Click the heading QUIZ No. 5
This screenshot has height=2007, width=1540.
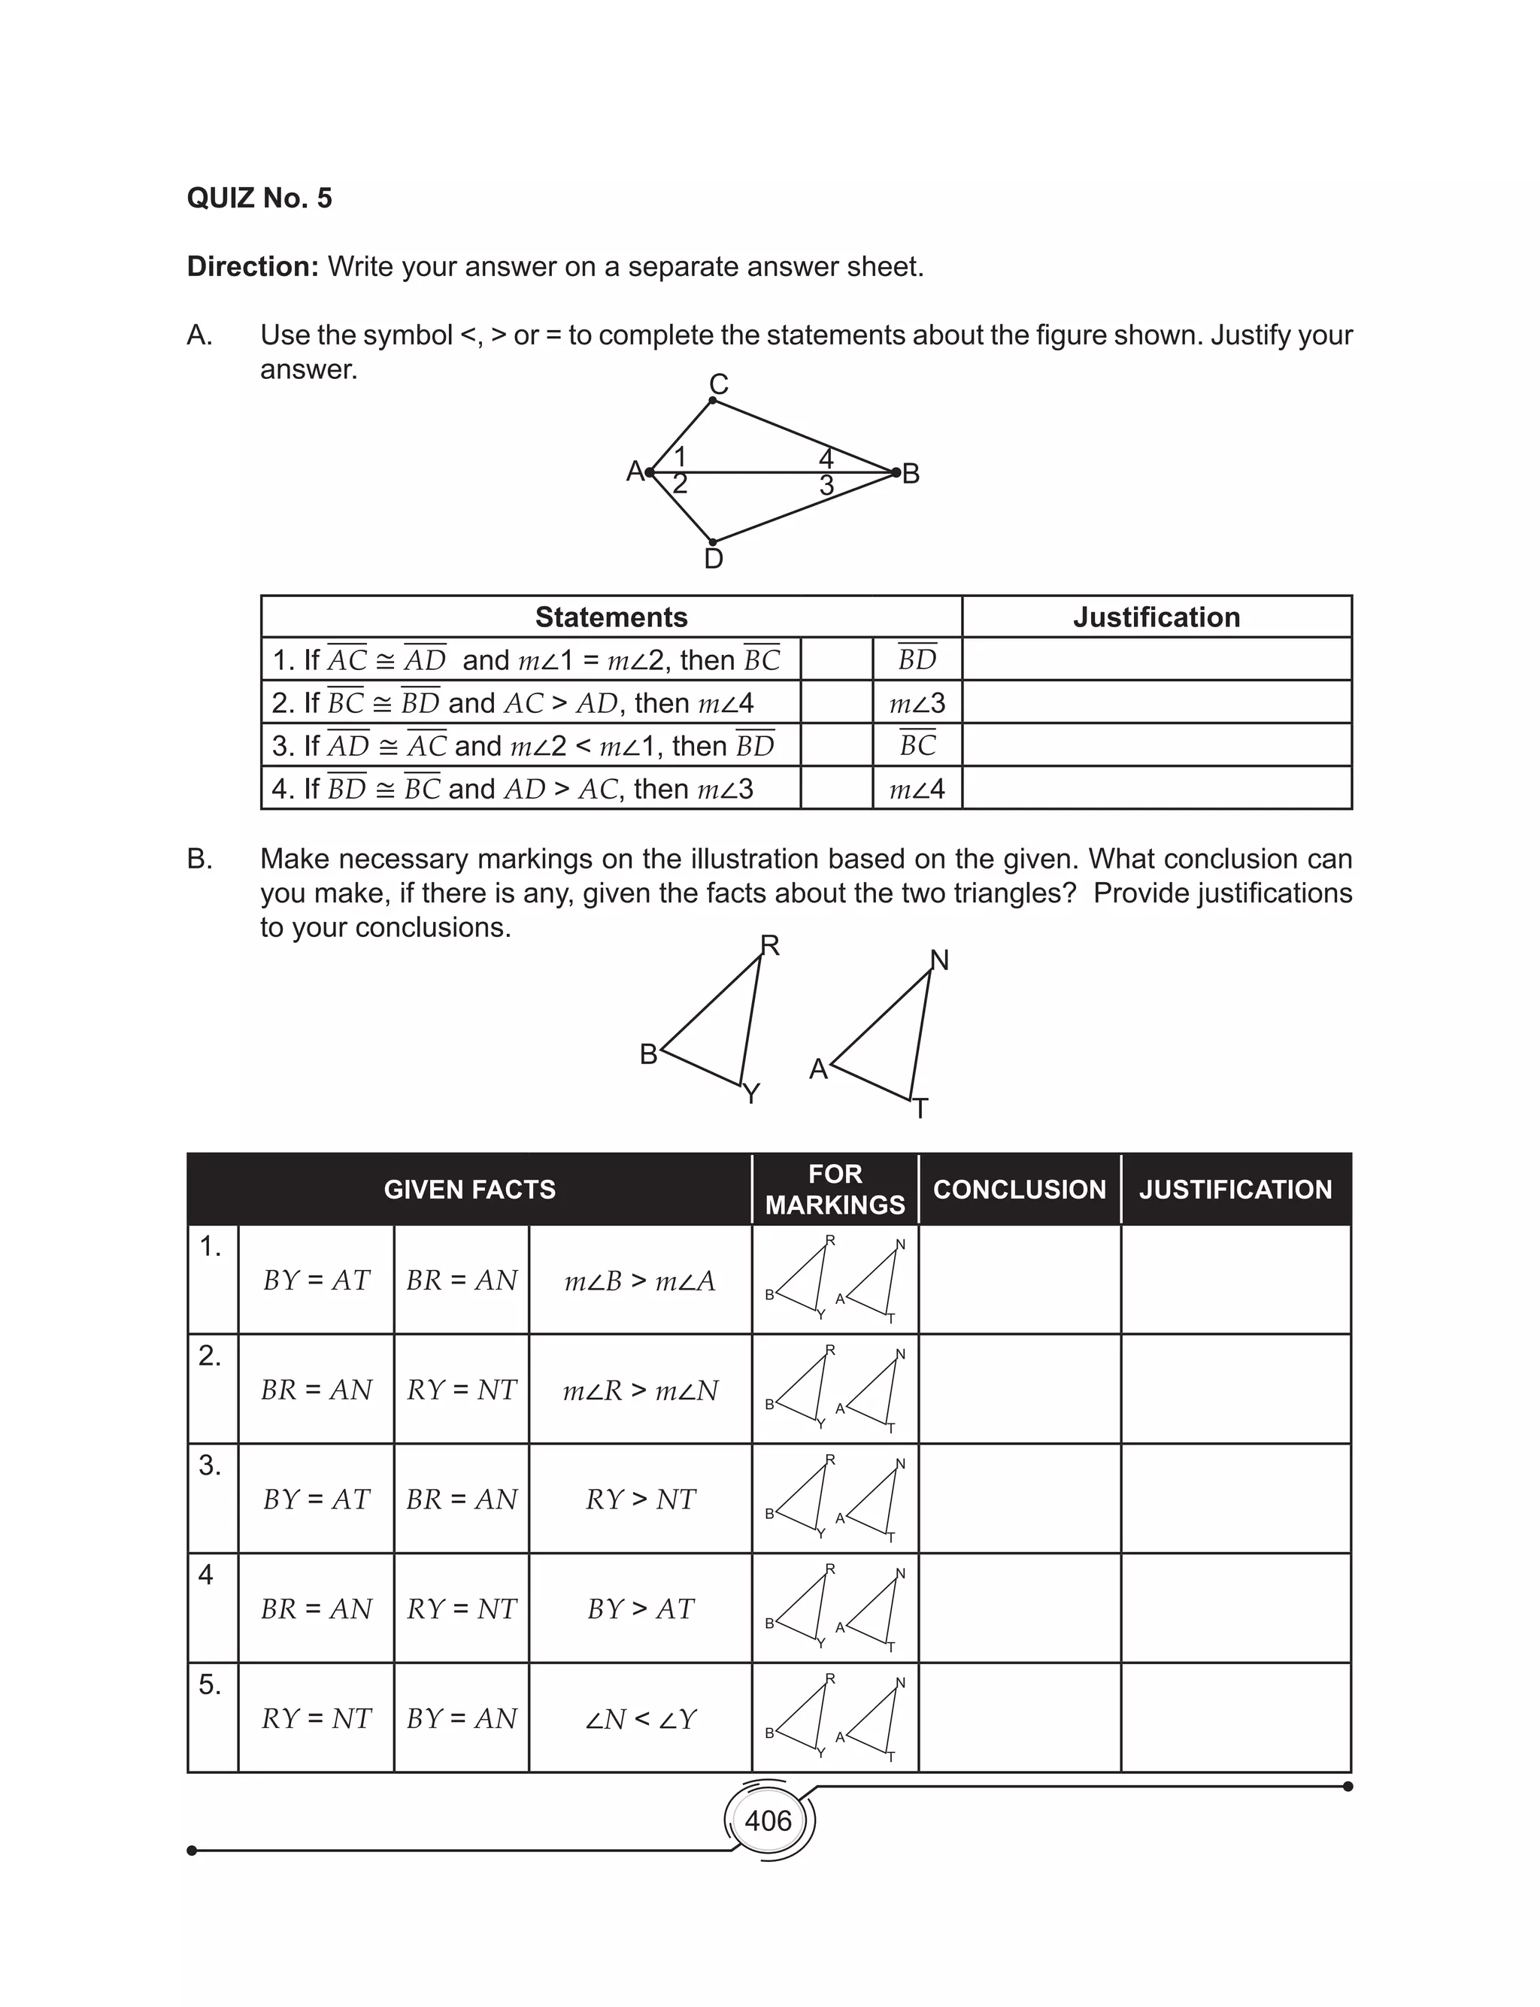(259, 198)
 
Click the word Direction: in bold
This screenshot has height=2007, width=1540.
(252, 267)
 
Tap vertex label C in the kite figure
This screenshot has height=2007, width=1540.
(719, 384)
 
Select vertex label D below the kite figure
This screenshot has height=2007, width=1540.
(713, 559)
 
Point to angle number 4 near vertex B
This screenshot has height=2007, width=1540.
(826, 457)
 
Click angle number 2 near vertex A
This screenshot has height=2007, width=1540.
(679, 484)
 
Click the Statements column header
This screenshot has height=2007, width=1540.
(611, 617)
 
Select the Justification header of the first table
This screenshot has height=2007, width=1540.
(1156, 617)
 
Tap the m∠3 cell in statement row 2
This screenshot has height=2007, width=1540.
(917, 703)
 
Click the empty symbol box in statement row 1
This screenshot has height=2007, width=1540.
(836, 659)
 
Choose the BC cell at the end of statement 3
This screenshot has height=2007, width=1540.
(917, 745)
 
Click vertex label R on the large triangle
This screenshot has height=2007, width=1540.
(770, 945)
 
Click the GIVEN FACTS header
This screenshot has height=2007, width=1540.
(469, 1190)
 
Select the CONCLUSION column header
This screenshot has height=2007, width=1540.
(1020, 1190)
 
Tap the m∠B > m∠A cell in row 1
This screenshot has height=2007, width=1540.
(640, 1281)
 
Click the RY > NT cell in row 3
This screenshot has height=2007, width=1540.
(640, 1499)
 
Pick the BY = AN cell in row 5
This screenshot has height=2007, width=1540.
(461, 1718)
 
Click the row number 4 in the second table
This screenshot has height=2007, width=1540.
(206, 1575)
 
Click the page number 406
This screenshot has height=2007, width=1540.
(768, 1820)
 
